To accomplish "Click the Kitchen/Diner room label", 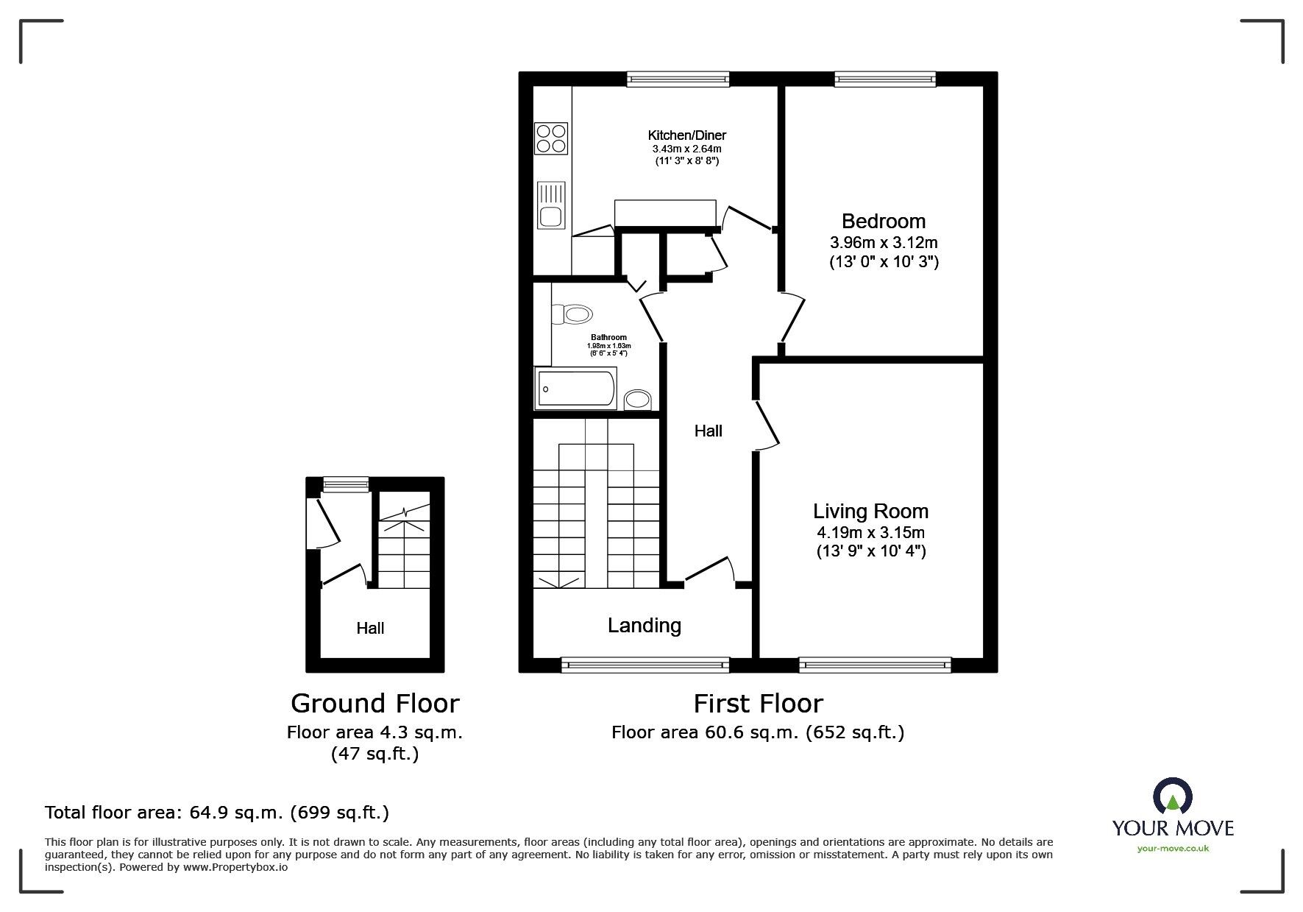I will pos(686,135).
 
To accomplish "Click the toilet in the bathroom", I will pos(572,315).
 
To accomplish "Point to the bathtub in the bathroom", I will pos(576,388).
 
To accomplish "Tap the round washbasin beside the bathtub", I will pos(638,400).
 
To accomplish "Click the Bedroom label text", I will pos(884,221).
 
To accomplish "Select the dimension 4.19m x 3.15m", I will pos(870,532).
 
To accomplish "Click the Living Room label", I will pos(870,511).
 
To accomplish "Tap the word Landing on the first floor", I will pos(644,626).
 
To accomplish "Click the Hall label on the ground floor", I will pos(370,628).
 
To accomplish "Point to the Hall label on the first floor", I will pos(709,431).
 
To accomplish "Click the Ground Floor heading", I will pos(374,704).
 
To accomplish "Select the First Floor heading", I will pos(758,704).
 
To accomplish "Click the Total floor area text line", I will pos(217,813).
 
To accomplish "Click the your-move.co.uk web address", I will pos(1173,849).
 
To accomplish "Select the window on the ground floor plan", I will pos(346,484).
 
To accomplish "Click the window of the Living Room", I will pos(875,665).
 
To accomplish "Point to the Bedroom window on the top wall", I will pos(885,79).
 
